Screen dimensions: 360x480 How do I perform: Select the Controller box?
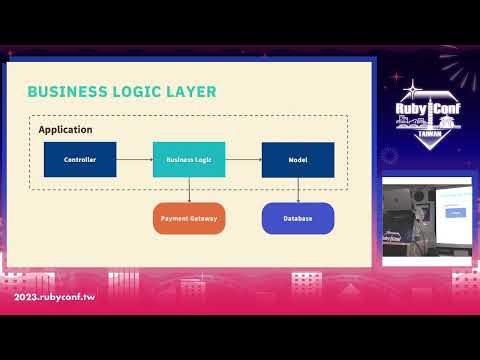pyautogui.click(x=80, y=160)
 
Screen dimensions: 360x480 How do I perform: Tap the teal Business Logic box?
pyautogui.click(x=189, y=160)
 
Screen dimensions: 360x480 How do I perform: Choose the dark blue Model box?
pyautogui.click(x=297, y=160)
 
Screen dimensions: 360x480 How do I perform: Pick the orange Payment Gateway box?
pyautogui.click(x=189, y=218)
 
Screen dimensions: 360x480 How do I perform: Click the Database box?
pyautogui.click(x=297, y=218)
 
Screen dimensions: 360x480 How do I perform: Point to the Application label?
pyautogui.click(x=65, y=130)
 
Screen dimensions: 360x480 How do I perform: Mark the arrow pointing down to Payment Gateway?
pyautogui.click(x=189, y=190)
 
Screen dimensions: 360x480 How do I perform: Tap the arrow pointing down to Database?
pyautogui.click(x=297, y=190)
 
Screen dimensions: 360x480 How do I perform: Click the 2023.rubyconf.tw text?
pyautogui.click(x=54, y=298)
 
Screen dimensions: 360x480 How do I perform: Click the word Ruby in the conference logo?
pyautogui.click(x=411, y=111)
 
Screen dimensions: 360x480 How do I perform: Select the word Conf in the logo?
pyautogui.click(x=445, y=111)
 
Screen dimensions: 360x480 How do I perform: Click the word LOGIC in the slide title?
pyautogui.click(x=132, y=92)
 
